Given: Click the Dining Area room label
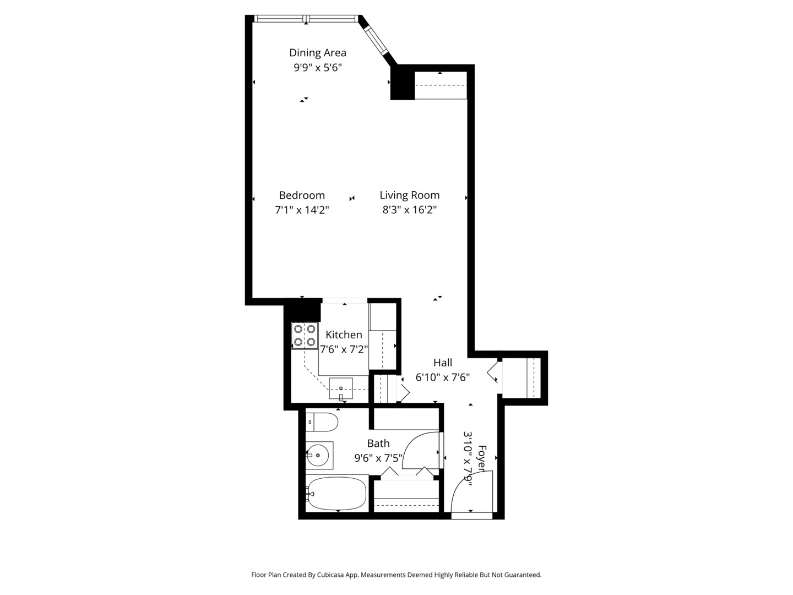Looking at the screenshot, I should (318, 53).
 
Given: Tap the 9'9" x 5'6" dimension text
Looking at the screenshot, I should (318, 68).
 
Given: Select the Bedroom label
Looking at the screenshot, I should (302, 195).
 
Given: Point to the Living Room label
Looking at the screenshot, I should (410, 195).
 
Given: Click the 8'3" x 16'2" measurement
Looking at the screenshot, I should (410, 210).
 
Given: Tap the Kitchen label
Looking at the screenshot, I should (344, 334).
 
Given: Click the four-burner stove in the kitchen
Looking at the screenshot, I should (305, 336).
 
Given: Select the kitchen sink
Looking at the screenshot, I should (341, 388).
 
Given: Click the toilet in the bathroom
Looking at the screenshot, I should (322, 423).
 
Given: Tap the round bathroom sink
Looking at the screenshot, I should (319, 455).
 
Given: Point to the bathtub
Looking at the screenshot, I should (336, 493).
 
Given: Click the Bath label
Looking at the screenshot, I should (378, 443).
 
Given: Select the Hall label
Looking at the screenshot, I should (443, 363).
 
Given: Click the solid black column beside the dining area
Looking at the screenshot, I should (402, 83).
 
